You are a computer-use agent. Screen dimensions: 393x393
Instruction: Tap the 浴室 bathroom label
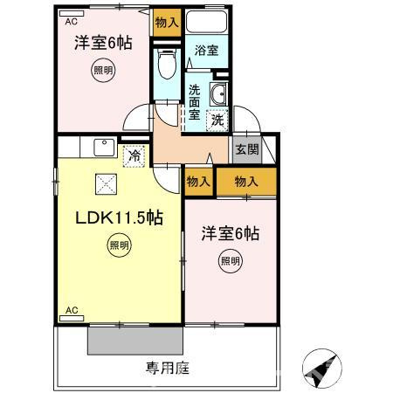(x=206, y=52)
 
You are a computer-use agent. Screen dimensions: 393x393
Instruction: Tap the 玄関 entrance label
(x=247, y=148)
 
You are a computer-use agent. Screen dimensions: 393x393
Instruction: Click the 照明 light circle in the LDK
(x=120, y=246)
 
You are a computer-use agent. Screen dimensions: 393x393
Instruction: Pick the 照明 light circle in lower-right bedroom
(x=229, y=260)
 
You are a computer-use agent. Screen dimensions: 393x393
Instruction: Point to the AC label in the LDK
(x=72, y=310)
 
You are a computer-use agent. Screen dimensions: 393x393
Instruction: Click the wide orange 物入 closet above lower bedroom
(x=246, y=182)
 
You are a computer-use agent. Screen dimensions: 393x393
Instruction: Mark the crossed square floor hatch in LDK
(x=107, y=183)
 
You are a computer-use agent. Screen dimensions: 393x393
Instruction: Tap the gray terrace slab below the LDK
(x=134, y=341)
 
